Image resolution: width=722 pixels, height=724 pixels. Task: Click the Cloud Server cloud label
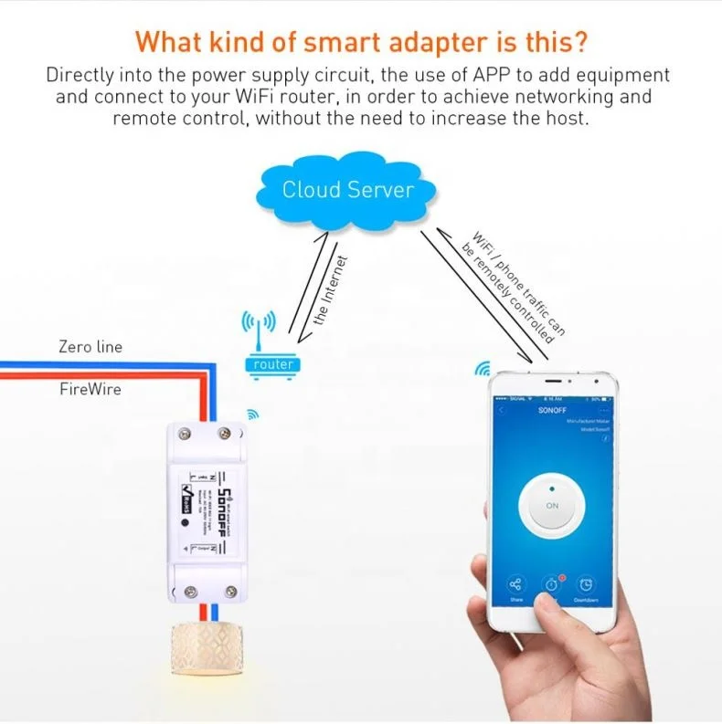347,190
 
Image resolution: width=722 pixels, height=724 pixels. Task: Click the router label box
274,364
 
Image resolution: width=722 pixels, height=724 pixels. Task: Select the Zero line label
90,347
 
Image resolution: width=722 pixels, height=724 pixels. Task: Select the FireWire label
90,389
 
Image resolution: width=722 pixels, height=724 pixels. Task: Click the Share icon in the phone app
515,585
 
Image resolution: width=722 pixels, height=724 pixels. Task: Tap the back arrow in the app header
499,413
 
